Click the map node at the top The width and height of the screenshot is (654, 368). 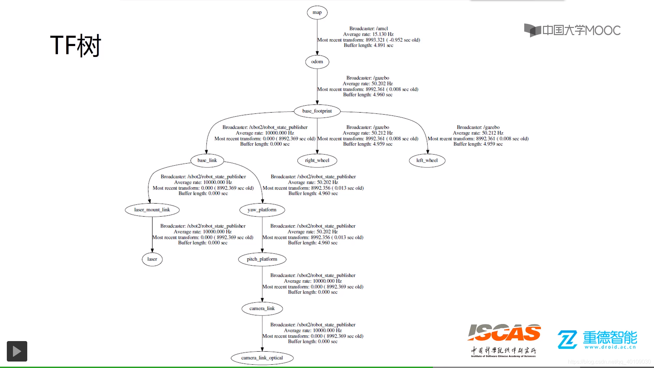317,13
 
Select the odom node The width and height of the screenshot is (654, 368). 317,62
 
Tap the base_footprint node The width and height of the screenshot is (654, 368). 317,111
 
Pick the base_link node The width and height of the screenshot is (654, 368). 207,160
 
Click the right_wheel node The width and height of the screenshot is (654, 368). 317,160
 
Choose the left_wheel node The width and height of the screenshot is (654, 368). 427,160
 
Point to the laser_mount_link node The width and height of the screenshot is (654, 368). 152,210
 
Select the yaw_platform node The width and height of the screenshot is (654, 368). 262,210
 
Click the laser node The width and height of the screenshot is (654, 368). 152,259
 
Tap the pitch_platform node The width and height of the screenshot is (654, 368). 262,259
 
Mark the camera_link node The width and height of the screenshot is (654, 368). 262,309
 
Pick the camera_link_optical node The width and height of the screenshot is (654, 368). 262,358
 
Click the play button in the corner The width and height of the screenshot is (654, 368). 17,351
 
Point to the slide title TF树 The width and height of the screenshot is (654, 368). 76,45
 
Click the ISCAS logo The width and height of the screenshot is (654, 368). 504,333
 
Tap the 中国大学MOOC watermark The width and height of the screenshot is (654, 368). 572,30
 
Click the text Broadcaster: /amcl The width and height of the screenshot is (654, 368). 369,29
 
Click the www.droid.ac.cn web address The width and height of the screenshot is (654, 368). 610,347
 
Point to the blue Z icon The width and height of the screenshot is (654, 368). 567,339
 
